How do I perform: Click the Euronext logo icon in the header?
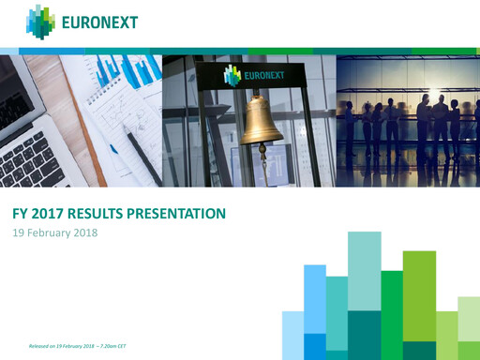tap(40, 22)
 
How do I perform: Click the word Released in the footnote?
tap(39, 347)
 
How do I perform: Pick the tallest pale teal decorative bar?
tap(364, 271)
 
